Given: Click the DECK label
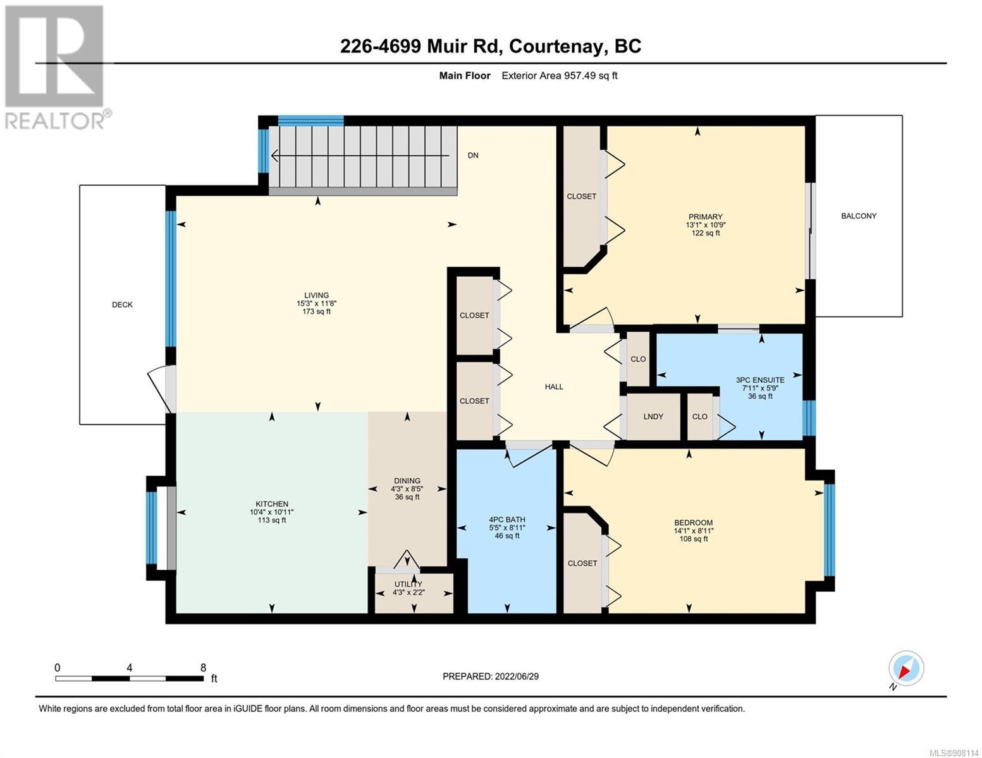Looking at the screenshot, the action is pos(122,304).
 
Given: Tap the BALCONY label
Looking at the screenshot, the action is pos(858,216).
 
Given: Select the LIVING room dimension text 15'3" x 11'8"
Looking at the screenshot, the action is pos(316,303).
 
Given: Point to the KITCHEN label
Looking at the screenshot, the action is pos(272,504).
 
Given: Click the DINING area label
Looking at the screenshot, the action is pos(407,481).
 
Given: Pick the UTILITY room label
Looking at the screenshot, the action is pos(408,584).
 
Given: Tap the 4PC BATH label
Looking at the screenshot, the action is pos(507,520).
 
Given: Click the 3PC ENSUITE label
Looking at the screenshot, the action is pos(759,380).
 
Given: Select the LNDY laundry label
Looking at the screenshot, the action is pos(653,416).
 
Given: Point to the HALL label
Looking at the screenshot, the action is pos(553,387).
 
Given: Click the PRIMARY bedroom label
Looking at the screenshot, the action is pos(705,217).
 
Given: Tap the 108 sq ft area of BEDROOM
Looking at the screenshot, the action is pos(693,539).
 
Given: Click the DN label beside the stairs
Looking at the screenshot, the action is pos(473,155).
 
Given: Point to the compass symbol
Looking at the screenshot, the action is pos(905,668).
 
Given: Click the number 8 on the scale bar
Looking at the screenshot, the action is pos(203,667).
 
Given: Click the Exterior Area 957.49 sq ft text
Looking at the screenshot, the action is pos(559,75).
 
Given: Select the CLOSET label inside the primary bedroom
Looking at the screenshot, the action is pos(581,196).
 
